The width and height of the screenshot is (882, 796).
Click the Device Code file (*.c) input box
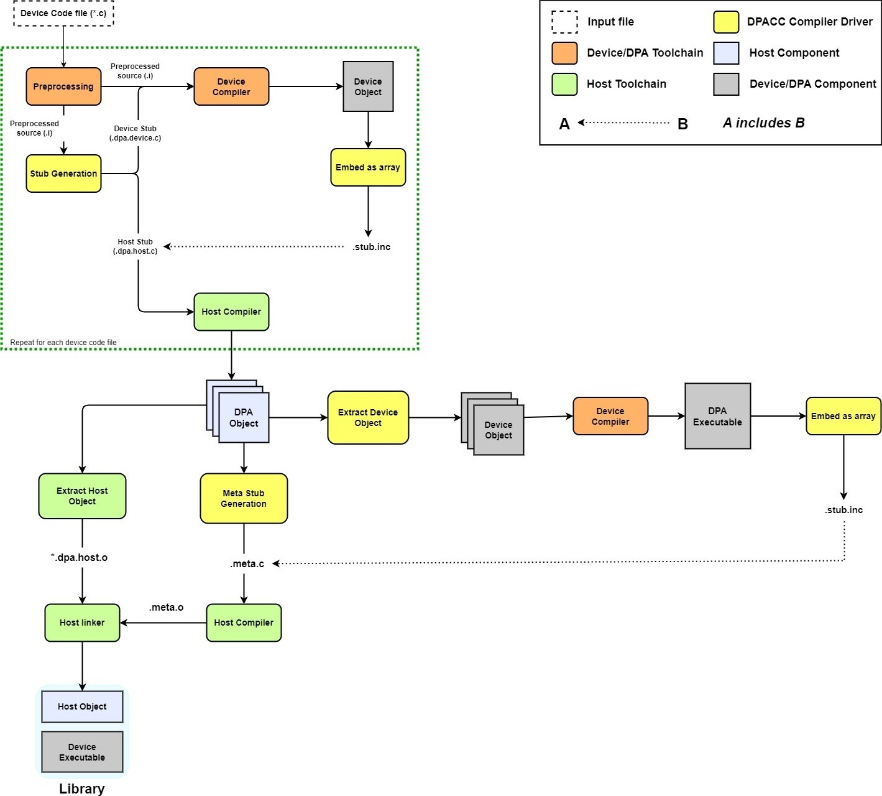pos(63,13)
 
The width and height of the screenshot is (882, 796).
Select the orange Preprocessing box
pos(63,86)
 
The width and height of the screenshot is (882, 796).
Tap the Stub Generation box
pos(63,174)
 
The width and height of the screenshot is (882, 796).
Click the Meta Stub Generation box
pos(244,498)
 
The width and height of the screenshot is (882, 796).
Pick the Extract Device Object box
pos(368,417)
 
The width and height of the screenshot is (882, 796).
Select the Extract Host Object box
pos(82,496)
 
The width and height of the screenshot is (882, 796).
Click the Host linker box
pos(82,622)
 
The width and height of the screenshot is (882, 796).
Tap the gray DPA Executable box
pos(717,416)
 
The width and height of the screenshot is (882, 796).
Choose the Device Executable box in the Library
pos(82,752)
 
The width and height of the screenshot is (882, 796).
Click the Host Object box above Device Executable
pos(82,706)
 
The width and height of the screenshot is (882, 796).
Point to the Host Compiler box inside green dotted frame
pos(231,312)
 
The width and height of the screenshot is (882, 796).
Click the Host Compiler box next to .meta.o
pos(244,622)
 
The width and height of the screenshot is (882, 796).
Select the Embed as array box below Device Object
pos(368,167)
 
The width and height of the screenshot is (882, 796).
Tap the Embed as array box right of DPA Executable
pos(843,416)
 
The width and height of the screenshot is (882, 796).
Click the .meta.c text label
pos(247,564)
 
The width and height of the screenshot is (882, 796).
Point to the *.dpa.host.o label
pos(79,557)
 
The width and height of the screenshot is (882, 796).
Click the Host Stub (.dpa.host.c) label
pos(135,246)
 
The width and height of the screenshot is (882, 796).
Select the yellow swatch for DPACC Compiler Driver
pos(726,22)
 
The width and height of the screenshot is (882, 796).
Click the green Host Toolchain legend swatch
pos(564,84)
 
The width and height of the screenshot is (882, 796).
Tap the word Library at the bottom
pos(81,789)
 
